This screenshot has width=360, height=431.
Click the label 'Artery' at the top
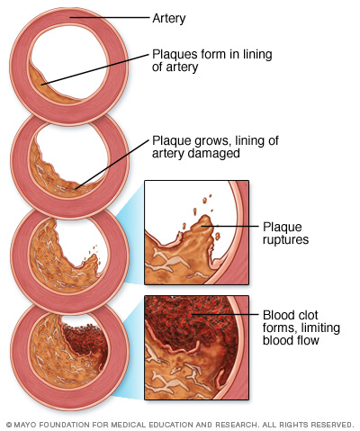[x=168, y=19]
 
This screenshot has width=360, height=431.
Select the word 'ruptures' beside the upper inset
[x=285, y=239]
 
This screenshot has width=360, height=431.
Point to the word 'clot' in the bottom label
[x=307, y=315]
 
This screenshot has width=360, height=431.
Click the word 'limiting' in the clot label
[x=320, y=328]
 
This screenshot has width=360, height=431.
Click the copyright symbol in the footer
[x=9, y=425]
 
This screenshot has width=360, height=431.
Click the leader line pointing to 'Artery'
[x=110, y=18]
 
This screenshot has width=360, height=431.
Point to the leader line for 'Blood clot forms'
[x=225, y=314]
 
